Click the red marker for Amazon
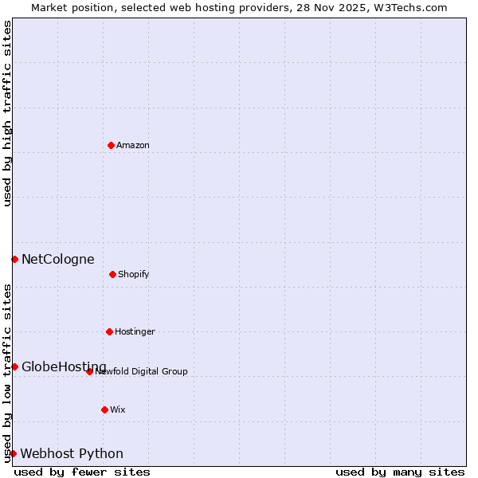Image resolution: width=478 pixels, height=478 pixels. pos(111,145)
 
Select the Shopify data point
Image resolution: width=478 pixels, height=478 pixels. pos(112,274)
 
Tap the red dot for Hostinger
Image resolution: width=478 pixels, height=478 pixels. pos(109,331)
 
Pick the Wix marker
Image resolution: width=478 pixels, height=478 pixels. pos(104,409)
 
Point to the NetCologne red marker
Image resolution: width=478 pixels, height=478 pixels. pos(14,259)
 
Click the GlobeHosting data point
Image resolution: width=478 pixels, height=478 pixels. pos(14,366)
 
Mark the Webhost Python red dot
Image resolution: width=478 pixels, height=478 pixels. pos(13,453)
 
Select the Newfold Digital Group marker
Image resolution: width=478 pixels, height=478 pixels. pos(89,371)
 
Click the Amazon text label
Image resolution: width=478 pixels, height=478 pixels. pos(133,145)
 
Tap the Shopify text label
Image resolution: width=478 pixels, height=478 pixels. pos(134,274)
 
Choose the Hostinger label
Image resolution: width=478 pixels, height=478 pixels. pos(135,331)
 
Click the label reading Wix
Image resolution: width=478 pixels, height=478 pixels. pos(118,409)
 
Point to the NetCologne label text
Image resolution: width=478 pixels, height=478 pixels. pos(57,259)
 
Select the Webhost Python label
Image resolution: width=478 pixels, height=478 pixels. pos(72,453)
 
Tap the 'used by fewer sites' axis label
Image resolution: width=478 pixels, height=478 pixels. pos(82,472)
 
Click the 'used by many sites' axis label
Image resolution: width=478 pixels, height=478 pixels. pos(400,472)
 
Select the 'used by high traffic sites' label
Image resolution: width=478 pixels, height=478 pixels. pos(7,113)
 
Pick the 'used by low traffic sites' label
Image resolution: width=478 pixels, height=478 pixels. pos(7,372)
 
